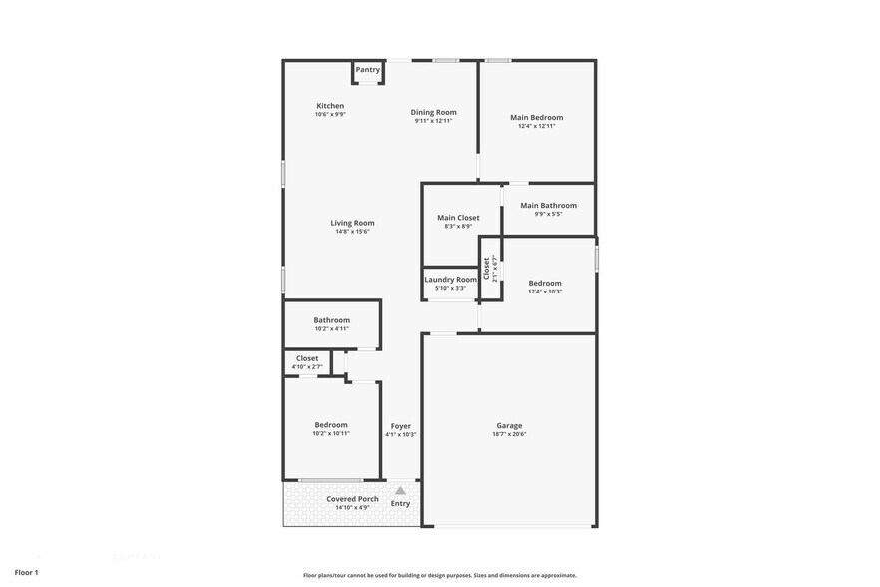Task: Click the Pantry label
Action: [367, 70]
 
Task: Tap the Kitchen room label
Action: [330, 106]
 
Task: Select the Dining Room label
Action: [433, 112]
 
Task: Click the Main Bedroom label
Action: [536, 118]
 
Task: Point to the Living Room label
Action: [352, 223]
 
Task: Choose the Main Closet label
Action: [458, 218]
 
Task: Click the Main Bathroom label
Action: [548, 206]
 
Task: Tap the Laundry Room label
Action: [450, 280]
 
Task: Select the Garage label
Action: [509, 426]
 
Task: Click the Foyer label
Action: [400, 426]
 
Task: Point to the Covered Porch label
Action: [352, 499]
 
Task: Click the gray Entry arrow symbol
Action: [400, 490]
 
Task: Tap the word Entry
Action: [400, 504]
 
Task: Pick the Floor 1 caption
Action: [26, 572]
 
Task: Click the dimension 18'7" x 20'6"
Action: [509, 434]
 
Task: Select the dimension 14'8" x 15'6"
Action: [352, 232]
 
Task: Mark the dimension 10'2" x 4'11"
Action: [331, 328]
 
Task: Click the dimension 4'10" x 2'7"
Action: [307, 367]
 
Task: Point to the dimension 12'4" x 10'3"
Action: [545, 292]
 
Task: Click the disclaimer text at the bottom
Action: [439, 575]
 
